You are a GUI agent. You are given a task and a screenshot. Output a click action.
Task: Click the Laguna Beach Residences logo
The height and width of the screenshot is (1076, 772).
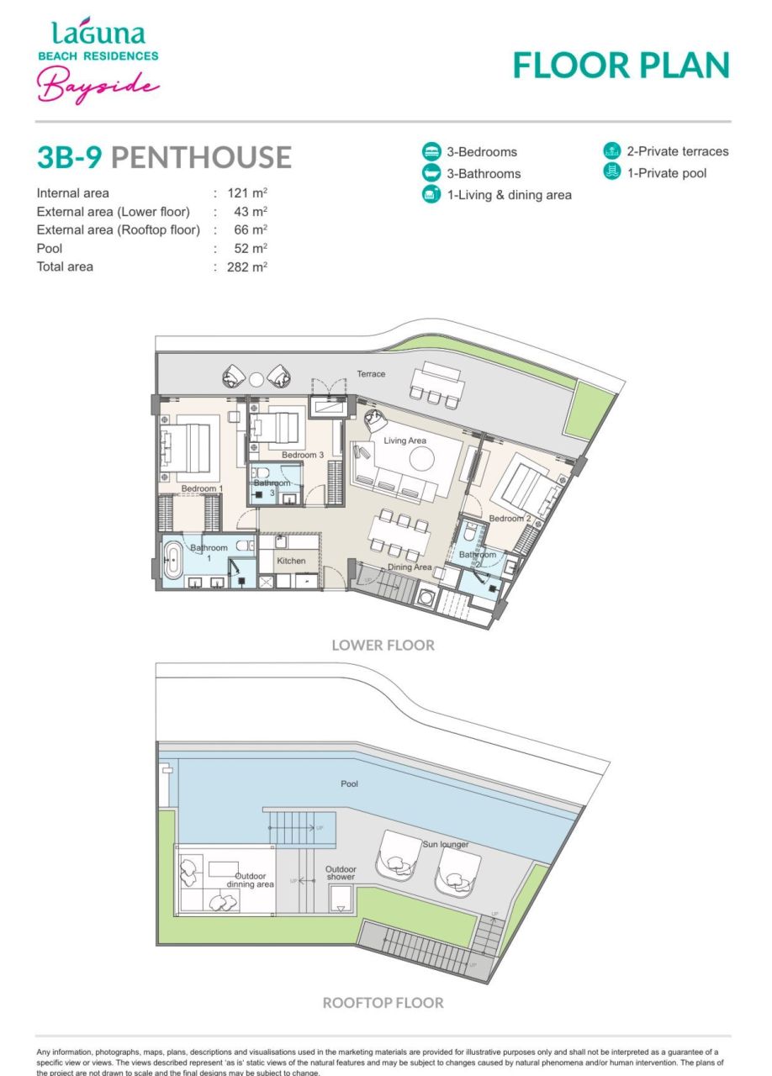click(98, 61)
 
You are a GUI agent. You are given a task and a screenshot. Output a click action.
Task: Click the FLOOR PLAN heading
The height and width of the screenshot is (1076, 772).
click(621, 65)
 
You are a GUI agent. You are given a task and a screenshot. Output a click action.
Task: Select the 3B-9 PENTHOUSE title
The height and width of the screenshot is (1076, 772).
click(164, 157)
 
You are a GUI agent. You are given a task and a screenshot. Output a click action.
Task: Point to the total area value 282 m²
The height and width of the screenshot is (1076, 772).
click(246, 267)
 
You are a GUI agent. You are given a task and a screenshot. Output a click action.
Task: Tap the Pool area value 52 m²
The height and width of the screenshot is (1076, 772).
click(251, 249)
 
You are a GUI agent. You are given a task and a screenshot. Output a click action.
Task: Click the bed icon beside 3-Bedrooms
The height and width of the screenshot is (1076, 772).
click(431, 152)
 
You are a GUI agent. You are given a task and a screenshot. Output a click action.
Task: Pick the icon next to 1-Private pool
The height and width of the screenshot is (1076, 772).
click(611, 173)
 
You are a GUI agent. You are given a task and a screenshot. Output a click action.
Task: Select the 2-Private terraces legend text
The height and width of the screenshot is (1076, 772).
click(677, 152)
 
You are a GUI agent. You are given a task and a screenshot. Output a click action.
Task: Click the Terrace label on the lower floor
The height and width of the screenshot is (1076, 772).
click(371, 373)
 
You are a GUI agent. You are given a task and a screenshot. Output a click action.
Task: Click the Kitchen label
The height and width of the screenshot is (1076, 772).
click(291, 561)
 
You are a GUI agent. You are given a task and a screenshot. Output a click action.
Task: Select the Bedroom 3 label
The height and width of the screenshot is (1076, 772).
click(303, 455)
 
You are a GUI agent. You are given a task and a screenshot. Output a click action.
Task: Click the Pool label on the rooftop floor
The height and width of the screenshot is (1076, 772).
click(350, 784)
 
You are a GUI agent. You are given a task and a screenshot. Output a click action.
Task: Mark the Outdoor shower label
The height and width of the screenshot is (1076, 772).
click(341, 873)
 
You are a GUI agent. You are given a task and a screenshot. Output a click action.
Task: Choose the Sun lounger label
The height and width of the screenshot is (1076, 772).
click(446, 844)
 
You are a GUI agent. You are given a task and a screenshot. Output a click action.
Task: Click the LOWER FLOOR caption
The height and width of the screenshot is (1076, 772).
click(383, 646)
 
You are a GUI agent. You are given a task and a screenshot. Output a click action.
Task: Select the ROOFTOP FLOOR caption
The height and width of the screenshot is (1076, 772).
click(383, 1002)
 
